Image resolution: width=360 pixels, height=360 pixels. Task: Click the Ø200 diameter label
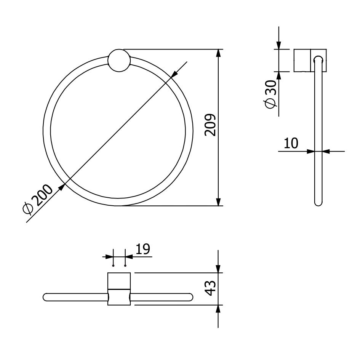pyautogui.click(x=37, y=199)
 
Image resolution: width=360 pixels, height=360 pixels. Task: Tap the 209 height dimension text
pyautogui.click(x=210, y=125)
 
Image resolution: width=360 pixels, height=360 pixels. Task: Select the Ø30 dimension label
pyautogui.click(x=270, y=94)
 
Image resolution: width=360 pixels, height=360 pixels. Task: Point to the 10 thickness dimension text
pyautogui.click(x=291, y=143)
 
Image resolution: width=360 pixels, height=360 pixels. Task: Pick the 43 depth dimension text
pyautogui.click(x=210, y=288)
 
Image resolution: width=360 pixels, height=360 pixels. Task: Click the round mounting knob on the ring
pyautogui.click(x=119, y=60)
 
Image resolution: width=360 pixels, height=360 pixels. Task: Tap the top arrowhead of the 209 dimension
pyautogui.click(x=218, y=53)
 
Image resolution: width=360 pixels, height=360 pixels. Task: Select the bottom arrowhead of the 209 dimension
pyautogui.click(x=218, y=202)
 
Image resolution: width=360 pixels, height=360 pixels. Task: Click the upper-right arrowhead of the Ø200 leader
pyautogui.click(x=175, y=74)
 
